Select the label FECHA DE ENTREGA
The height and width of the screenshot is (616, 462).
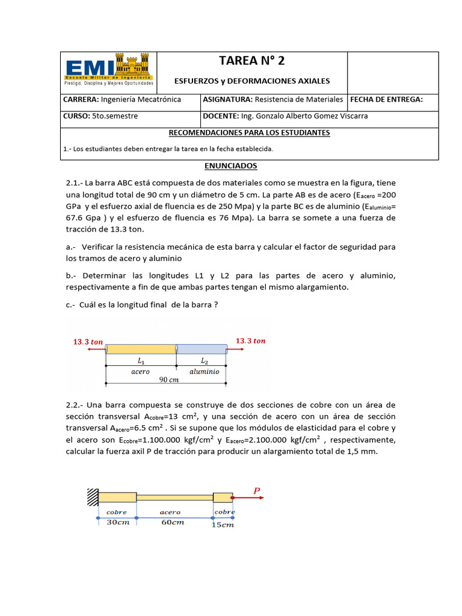[386, 99]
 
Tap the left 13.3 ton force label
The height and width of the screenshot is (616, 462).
[88, 342]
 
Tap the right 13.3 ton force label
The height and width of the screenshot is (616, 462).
[250, 341]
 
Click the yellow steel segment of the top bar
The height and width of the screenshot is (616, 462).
[141, 349]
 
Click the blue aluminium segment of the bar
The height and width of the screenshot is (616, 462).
[202, 349]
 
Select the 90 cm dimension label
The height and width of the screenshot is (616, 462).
[169, 380]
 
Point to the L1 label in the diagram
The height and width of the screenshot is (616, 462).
[141, 362]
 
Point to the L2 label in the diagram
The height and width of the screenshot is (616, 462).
[203, 362]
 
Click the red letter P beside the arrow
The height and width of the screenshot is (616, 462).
[257, 490]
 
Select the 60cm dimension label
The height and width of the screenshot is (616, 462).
[173, 522]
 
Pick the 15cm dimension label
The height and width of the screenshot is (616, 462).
[223, 525]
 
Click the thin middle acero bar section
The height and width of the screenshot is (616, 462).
[174, 497]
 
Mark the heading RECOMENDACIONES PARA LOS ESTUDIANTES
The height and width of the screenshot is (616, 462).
[249, 132]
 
